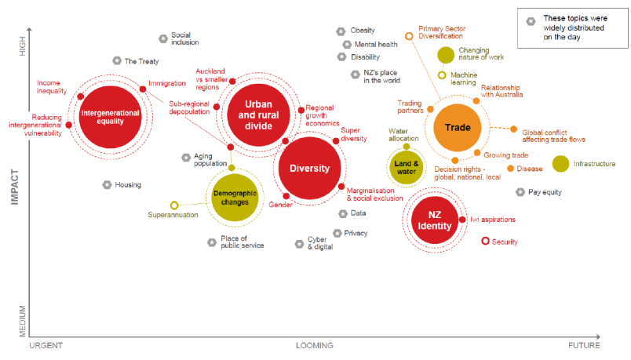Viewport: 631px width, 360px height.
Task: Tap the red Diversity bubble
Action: [x=309, y=169]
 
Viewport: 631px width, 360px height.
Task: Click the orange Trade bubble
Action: [x=457, y=127]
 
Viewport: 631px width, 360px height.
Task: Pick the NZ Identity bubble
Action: [x=434, y=220]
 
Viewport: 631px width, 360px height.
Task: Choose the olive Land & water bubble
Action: [x=405, y=166]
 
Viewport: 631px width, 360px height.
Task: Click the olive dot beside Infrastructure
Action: [x=560, y=163]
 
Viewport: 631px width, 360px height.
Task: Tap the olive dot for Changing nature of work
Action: [x=445, y=54]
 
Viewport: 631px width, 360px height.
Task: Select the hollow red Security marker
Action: [x=485, y=241]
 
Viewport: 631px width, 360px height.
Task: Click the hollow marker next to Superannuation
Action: [x=174, y=205]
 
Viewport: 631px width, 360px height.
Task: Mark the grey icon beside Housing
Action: [x=107, y=184]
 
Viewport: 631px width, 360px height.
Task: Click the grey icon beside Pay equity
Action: [x=520, y=191]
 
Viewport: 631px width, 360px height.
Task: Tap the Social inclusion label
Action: [x=185, y=38]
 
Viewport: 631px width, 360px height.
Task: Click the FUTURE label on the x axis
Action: [x=584, y=345]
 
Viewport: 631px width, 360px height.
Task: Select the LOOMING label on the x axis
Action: [x=314, y=345]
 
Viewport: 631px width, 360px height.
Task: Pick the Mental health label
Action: [x=376, y=45]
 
